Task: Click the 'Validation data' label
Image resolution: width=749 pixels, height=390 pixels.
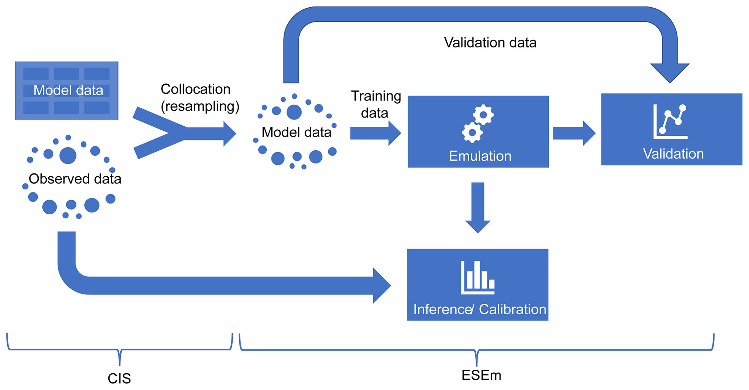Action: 490,43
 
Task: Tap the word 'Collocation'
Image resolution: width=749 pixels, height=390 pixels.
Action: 195,89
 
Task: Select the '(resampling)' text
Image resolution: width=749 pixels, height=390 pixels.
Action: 200,106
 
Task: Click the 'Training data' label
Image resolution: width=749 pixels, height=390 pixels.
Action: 376,104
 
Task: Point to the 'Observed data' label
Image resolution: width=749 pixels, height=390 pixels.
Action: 75,179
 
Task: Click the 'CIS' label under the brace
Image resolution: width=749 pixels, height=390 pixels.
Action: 119,378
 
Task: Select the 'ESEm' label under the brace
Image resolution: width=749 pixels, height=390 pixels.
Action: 481,375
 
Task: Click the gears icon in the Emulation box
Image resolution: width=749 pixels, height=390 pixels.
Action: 478,123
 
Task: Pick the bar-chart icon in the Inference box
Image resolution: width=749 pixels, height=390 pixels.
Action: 478,277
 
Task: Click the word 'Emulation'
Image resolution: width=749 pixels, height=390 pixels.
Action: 480,156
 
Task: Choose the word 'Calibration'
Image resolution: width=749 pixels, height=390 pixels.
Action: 512,309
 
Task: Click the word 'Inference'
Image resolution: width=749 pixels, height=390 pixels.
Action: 442,309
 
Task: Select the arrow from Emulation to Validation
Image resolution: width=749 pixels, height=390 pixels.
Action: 574,133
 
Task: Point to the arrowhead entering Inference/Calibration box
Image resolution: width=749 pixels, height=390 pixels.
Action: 381,286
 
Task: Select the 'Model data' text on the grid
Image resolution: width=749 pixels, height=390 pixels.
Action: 68,90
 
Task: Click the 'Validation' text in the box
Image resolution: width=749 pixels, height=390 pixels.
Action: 673,154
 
